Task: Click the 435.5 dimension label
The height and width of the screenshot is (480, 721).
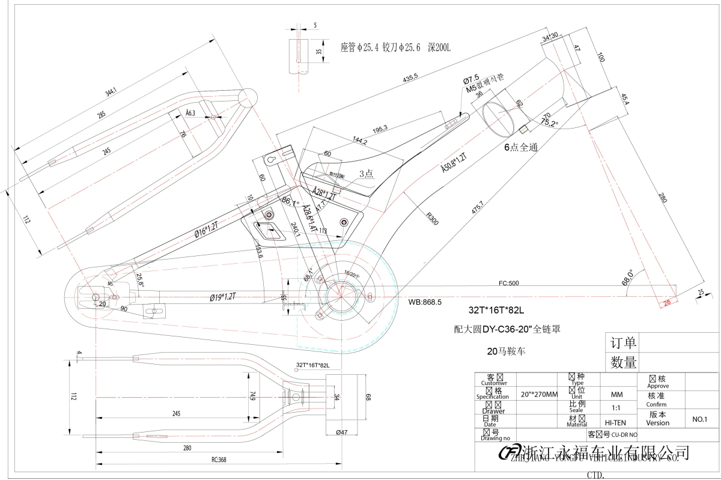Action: point(410,78)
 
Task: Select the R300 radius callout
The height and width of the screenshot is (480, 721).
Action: point(431,218)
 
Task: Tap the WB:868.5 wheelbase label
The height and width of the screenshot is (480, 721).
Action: point(425,302)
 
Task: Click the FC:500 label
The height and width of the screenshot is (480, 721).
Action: point(509,283)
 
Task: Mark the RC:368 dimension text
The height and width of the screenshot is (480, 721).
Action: point(218,460)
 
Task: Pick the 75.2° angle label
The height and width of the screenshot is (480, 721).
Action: point(549,123)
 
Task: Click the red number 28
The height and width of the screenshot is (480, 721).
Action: point(666,303)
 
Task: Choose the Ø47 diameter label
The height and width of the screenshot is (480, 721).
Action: point(342,432)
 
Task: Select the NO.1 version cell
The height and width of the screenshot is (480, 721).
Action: point(701,419)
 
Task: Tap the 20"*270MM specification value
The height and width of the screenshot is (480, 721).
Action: point(539,394)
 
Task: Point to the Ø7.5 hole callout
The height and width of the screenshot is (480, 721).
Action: point(470,79)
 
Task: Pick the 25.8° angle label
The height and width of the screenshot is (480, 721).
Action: point(139,279)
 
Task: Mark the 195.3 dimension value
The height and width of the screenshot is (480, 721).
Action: point(380,127)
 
